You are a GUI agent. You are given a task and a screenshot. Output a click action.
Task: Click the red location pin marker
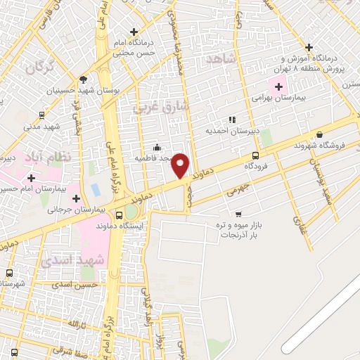181,166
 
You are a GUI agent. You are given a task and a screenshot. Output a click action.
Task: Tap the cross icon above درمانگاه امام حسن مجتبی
134,32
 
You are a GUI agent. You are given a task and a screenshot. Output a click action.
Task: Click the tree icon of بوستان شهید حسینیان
84,79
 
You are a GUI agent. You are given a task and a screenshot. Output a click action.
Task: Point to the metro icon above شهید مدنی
41,115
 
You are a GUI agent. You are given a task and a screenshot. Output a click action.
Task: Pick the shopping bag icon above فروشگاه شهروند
320,134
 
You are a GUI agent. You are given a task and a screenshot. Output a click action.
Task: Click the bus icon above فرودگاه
255,156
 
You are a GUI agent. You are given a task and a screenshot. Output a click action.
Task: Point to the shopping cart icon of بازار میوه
238,213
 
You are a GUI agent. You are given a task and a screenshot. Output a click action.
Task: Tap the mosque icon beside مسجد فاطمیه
156,148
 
